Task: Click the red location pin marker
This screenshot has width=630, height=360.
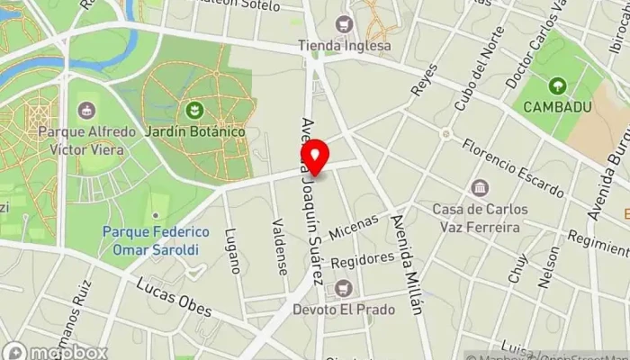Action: pyautogui.click(x=315, y=158)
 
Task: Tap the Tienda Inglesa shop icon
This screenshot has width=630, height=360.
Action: pyautogui.click(x=342, y=24)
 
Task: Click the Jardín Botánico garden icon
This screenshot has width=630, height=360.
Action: pyautogui.click(x=193, y=111)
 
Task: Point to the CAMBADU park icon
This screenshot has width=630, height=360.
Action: pyautogui.click(x=557, y=86)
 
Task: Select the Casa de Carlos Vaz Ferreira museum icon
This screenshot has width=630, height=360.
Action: pyautogui.click(x=480, y=188)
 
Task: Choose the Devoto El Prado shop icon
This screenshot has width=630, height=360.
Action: pyautogui.click(x=343, y=289)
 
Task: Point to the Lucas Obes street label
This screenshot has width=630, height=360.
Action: pyautogui.click(x=175, y=297)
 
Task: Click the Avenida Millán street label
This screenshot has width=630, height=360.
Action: pyautogui.click(x=405, y=266)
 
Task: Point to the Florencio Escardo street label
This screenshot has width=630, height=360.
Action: pyautogui.click(x=512, y=168)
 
